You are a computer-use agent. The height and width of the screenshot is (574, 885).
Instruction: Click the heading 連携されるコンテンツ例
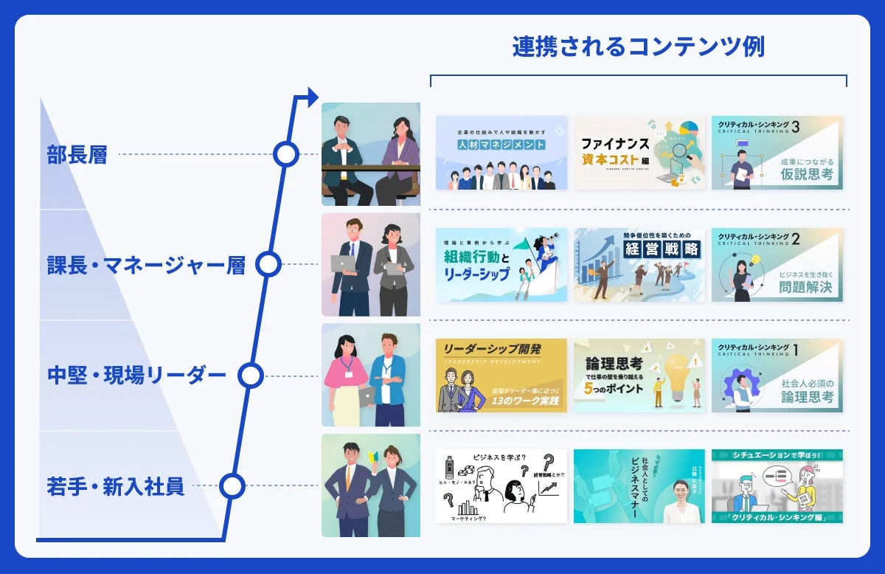coord(638,47)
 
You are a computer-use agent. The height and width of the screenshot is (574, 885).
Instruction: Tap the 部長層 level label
coord(77,155)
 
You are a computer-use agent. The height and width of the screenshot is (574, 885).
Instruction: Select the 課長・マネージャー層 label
coord(145,265)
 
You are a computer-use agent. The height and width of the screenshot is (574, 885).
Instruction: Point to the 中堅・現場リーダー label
coord(136,376)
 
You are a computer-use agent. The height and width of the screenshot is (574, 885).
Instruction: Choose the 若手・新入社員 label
coord(115,486)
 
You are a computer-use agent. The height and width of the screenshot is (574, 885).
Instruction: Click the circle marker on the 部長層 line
coord(285,154)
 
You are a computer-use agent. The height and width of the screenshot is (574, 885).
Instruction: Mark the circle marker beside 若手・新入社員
coord(232,485)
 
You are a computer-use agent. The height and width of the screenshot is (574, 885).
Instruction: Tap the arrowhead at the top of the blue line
coord(311,95)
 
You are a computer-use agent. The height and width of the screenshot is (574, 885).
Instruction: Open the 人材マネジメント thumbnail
coord(502,153)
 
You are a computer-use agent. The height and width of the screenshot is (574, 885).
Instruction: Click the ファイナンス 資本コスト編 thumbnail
coord(639,153)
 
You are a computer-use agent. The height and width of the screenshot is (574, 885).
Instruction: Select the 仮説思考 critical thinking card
coord(777,153)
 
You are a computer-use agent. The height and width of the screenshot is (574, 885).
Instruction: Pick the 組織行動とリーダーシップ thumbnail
coord(502,265)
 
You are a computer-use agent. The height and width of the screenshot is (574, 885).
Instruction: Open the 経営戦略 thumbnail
coord(639,265)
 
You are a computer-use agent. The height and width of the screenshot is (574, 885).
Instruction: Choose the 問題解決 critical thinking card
coord(777,265)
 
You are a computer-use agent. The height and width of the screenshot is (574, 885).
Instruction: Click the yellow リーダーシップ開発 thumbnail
coord(502,376)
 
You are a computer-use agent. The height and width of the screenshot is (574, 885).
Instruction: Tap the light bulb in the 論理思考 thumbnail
coord(676,370)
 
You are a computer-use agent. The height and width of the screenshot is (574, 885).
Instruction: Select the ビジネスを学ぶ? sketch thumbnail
coord(502,486)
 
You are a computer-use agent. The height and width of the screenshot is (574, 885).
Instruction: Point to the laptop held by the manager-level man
coord(344,263)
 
